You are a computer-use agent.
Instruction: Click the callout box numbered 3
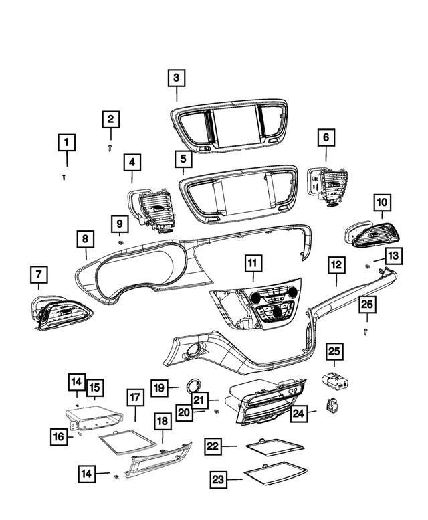177,78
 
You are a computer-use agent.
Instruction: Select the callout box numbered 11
252,264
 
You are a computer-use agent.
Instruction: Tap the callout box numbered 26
367,305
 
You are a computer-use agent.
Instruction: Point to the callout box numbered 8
85,239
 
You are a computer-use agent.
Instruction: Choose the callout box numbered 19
158,387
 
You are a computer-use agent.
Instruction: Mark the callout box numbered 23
219,479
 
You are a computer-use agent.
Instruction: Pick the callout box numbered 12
336,264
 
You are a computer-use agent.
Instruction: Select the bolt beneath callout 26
367,331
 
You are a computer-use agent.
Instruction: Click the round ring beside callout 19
195,384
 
